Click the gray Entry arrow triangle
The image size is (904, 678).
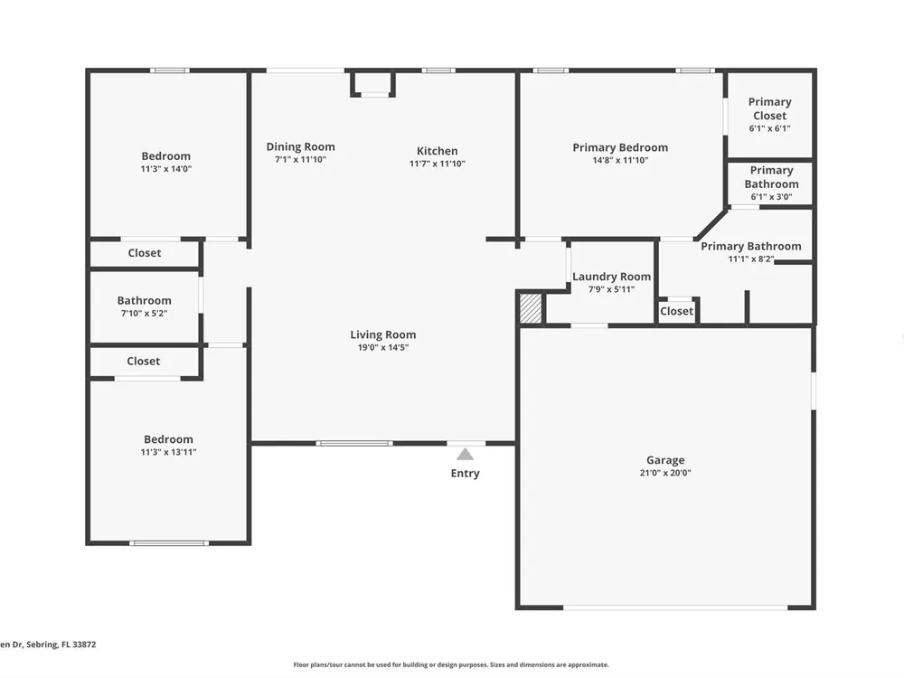[x=466, y=455]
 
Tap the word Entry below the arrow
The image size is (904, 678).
[x=466, y=474]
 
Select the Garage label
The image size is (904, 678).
[x=665, y=460]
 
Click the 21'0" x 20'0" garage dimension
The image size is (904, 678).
[x=665, y=473]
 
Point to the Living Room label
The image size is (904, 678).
[x=382, y=334]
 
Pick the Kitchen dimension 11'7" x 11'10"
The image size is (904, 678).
[x=437, y=164]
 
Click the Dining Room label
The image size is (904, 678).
[x=300, y=147]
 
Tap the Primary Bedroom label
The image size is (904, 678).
[x=620, y=147]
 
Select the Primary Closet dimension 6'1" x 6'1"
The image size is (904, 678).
[x=769, y=128]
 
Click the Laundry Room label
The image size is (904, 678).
[x=612, y=277]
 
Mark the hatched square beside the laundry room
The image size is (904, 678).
[x=531, y=308]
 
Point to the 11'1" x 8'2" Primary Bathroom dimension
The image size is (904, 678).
[x=750, y=259]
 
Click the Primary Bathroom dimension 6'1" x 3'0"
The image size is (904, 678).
[x=771, y=196]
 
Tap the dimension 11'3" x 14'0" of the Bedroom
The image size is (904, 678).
[x=166, y=169]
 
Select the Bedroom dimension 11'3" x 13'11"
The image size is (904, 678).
[x=168, y=452]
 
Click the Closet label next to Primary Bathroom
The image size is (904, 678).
[x=676, y=311]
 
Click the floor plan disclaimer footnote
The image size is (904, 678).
[x=451, y=664]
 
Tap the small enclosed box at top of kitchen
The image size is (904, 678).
[x=373, y=83]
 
